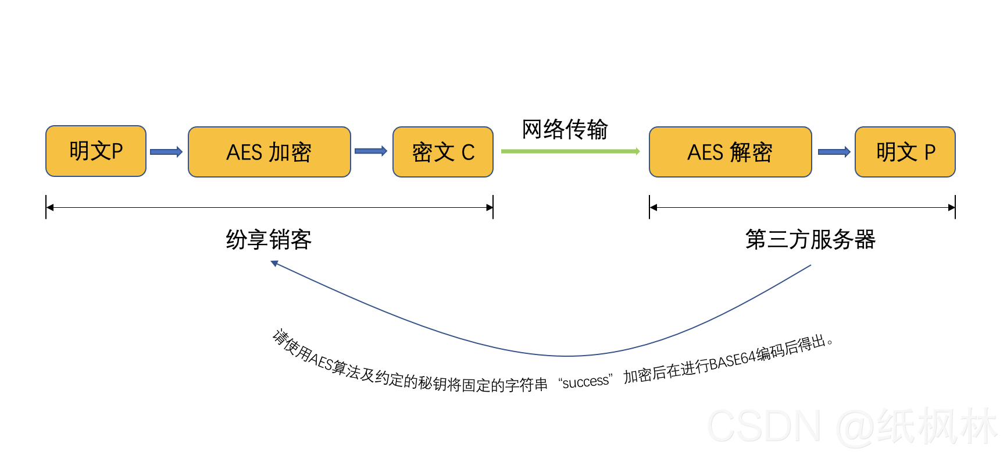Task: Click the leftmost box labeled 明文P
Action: point(96,151)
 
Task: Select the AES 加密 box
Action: point(269,152)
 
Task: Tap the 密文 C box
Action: point(443,152)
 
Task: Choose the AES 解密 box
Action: point(730,152)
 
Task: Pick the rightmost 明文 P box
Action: point(905,152)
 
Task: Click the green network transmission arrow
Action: point(570,151)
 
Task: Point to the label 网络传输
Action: point(565,129)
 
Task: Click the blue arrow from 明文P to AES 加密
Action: point(166,152)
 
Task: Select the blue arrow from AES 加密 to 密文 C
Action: point(371,151)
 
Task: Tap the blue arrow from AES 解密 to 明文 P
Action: point(834,152)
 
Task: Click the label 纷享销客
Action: point(269,239)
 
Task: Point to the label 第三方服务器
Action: point(810,239)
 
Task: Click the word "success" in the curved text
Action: point(585,382)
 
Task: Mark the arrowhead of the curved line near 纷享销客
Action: point(274,264)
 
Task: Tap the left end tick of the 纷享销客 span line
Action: point(46,207)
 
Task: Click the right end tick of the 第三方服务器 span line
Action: point(955,207)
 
